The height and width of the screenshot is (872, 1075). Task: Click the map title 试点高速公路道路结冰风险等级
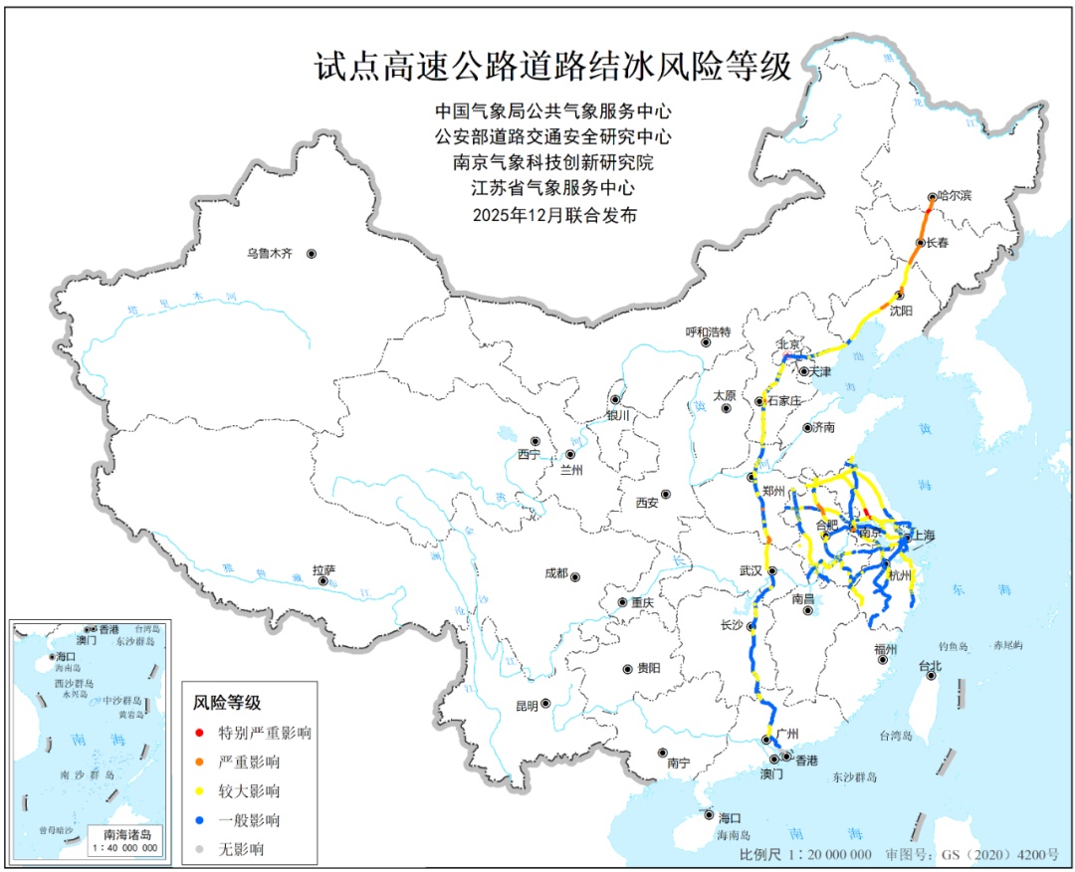coord(552,68)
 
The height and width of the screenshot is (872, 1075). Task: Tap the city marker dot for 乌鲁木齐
coord(312,255)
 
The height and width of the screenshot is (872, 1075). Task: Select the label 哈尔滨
coord(955,196)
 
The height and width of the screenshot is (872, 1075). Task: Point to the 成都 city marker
coord(575,576)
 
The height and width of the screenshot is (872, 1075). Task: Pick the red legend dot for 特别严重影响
coord(200,734)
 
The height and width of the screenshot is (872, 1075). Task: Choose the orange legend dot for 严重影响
coord(200,763)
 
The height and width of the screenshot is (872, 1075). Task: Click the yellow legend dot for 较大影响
coord(200,791)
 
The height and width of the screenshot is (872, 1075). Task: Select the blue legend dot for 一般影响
coord(200,820)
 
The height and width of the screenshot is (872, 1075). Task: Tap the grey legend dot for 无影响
coord(200,849)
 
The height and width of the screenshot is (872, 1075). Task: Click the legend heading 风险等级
coord(227,703)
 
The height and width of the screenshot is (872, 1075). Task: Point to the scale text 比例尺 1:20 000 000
coord(805,855)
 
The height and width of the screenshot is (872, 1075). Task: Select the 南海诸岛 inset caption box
coord(122,841)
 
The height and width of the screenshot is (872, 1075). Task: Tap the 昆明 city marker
coord(545,704)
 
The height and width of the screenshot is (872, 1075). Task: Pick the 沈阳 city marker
coord(898,295)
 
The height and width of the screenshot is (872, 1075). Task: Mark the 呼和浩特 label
coord(708,330)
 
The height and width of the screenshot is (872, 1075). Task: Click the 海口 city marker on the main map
coord(709,814)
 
